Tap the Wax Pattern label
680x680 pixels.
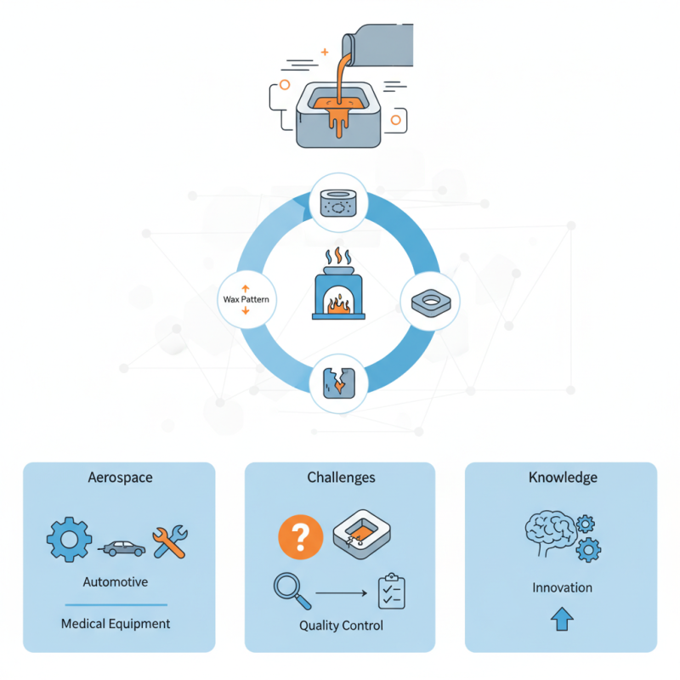[245, 300]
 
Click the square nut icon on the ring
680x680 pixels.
[429, 301]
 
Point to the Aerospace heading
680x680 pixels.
[121, 477]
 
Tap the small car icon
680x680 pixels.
[124, 548]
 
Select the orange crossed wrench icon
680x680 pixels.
[170, 541]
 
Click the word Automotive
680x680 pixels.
[116, 582]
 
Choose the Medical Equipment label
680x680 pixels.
[116, 623]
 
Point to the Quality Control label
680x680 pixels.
[341, 626]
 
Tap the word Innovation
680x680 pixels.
[562, 587]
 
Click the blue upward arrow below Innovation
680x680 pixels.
[562, 620]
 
